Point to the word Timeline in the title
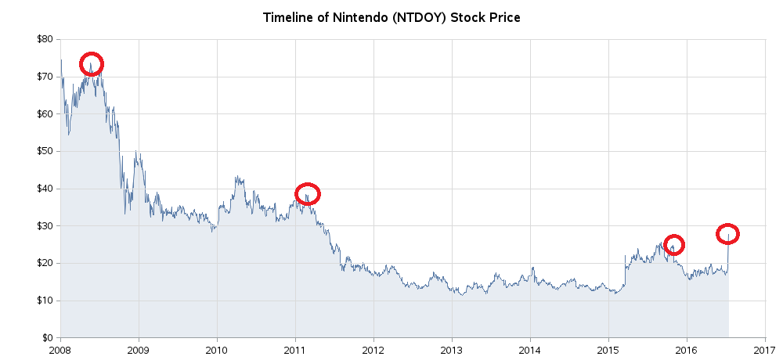coord(289,17)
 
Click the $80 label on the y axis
coord(45,39)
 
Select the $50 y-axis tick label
coord(45,151)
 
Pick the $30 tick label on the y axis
coord(45,226)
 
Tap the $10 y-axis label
coord(45,301)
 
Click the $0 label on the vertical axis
coord(48,338)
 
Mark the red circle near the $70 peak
coord(92,64)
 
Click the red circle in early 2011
coord(308,194)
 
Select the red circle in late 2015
coord(673,245)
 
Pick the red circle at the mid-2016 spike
coord(727,234)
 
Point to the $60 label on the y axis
coord(45,114)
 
